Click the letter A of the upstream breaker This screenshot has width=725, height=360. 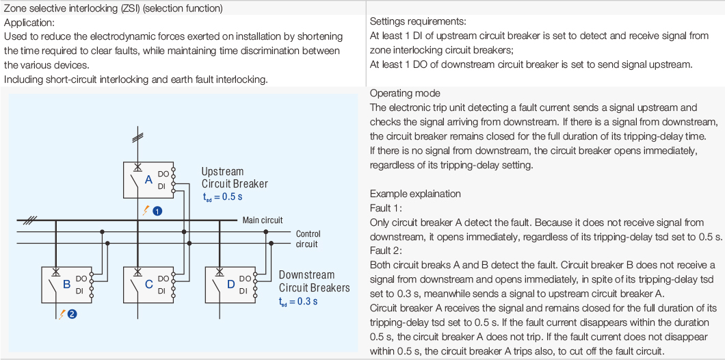click(148, 181)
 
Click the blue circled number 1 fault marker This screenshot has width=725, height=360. click(157, 211)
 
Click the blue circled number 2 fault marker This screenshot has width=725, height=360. click(72, 315)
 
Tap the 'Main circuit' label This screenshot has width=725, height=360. click(263, 220)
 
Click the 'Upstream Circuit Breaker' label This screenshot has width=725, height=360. click(235, 177)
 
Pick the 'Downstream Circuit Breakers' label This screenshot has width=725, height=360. click(314, 281)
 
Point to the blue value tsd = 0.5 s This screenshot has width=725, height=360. click(222, 196)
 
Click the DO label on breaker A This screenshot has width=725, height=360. click(163, 174)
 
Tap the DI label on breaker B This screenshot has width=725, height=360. click(81, 290)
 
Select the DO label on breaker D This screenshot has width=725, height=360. click(244, 279)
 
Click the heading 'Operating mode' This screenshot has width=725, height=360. click(405, 94)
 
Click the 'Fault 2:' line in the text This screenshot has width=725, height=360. click(385, 251)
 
